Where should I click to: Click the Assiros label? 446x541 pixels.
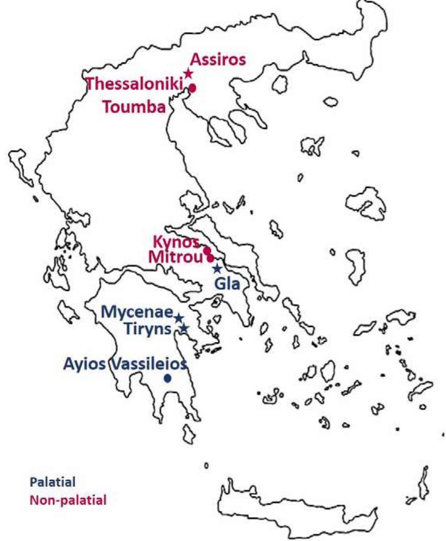click(218, 60)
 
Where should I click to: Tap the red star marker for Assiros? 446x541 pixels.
click(188, 74)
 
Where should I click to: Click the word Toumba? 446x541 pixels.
click(134, 107)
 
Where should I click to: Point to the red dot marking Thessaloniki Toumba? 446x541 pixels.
click(193, 88)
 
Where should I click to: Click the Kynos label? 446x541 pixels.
click(176, 242)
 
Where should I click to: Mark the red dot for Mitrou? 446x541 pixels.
click(210, 259)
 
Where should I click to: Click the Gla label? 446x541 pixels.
click(227, 284)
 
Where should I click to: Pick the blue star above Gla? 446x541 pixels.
click(217, 269)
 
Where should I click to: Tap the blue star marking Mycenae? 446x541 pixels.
click(179, 318)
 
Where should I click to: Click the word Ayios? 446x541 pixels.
click(84, 364)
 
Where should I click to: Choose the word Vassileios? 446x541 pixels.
click(148, 364)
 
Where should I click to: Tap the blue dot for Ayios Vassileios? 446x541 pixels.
click(168, 378)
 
